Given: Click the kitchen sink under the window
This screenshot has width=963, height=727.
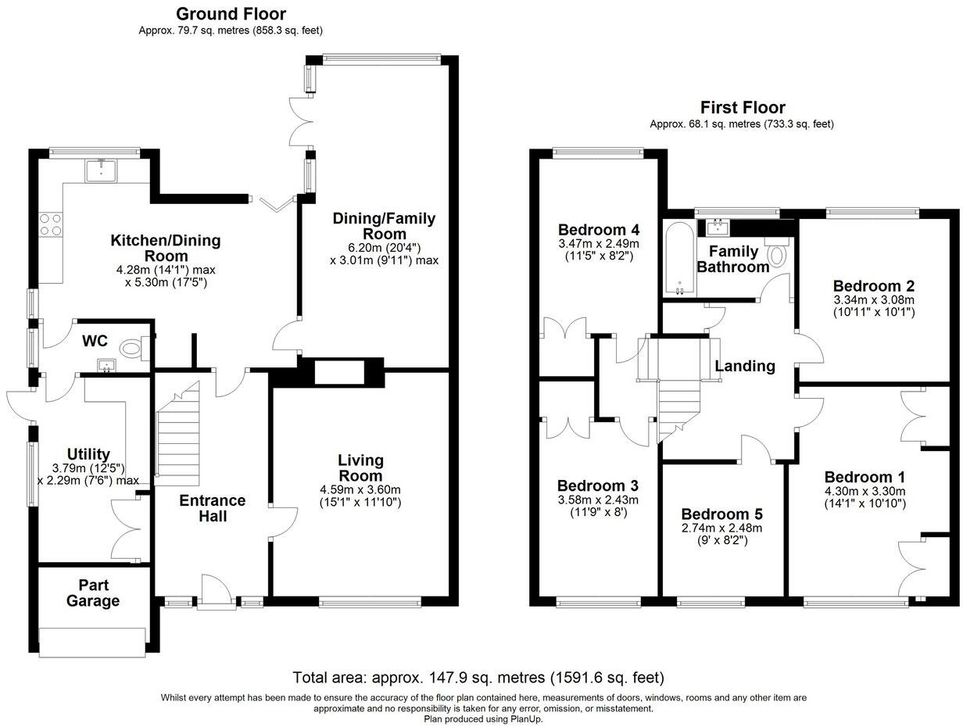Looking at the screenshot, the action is pyautogui.click(x=101, y=170).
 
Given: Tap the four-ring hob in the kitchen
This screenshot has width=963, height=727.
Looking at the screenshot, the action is pyautogui.click(x=51, y=224).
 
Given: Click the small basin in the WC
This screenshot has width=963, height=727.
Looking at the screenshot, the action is pyautogui.click(x=106, y=365).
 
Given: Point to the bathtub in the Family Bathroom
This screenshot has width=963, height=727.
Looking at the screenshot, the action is pyautogui.click(x=679, y=259).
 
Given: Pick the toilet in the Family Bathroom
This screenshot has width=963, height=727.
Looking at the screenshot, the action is pyautogui.click(x=776, y=252).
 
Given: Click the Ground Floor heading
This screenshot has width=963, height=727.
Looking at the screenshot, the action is pyautogui.click(x=231, y=14).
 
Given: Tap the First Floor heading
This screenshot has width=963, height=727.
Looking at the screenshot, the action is pyautogui.click(x=743, y=108).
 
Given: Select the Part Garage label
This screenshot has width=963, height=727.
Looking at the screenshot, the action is pyautogui.click(x=93, y=593).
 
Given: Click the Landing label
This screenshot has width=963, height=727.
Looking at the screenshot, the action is pyautogui.click(x=744, y=366).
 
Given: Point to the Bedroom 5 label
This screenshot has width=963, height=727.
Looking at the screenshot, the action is pyautogui.click(x=721, y=514).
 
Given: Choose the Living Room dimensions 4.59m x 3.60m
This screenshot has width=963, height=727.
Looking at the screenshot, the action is pyautogui.click(x=360, y=489).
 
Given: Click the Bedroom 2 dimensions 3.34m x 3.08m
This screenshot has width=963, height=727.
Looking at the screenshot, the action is pyautogui.click(x=874, y=300).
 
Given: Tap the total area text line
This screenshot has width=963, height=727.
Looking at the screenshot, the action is pyautogui.click(x=478, y=678).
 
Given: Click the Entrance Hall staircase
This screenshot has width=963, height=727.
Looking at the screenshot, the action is pyautogui.click(x=177, y=434).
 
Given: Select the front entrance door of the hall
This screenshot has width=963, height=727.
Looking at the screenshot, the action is pyautogui.click(x=214, y=593).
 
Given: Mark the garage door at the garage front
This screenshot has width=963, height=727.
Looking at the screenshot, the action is pyautogui.click(x=92, y=643).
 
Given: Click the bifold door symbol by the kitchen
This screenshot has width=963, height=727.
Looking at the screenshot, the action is pyautogui.click(x=277, y=202).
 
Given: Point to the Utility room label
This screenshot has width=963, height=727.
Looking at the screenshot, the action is pyautogui.click(x=88, y=454).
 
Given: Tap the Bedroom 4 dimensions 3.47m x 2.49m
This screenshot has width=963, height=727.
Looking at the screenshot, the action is pyautogui.click(x=599, y=243).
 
